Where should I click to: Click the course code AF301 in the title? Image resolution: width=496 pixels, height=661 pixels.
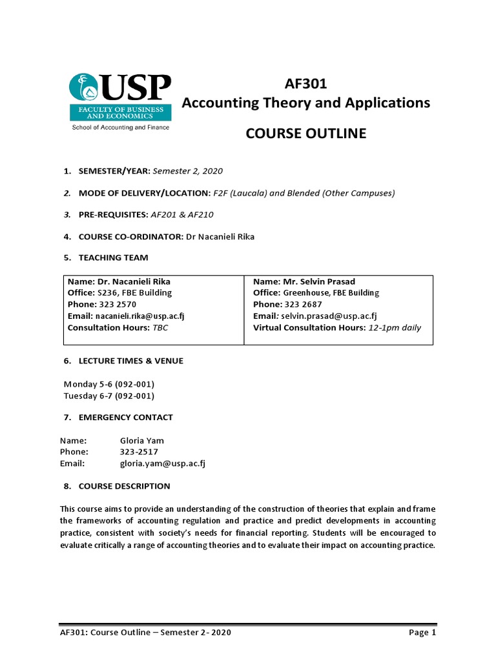305,84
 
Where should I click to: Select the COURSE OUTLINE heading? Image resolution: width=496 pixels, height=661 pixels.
306,134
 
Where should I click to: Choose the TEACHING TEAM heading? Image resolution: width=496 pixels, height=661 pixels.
113,258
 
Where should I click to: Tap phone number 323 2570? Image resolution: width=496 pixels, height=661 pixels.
118,304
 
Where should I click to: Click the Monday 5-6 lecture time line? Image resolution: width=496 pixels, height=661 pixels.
108,384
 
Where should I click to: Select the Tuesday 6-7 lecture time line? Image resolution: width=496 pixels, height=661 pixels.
108,396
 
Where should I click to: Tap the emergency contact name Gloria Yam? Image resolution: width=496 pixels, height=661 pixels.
142,440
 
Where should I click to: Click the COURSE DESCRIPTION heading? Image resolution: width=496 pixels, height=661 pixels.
124,485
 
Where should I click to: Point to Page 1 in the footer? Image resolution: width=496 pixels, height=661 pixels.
422,633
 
